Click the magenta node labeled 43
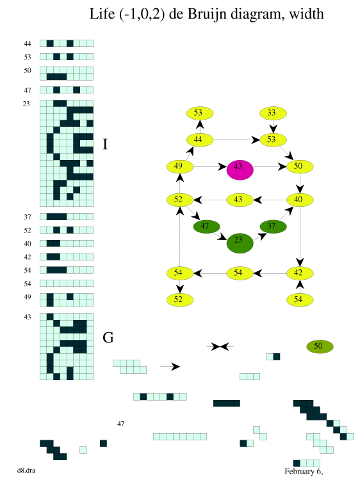tap(240, 170)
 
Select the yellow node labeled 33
tap(274, 113)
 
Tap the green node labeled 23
tap(240, 243)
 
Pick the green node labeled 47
tap(206, 227)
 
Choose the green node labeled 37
tap(274, 227)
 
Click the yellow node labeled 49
tap(180, 167)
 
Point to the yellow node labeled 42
tap(300, 273)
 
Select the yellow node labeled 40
tap(300, 200)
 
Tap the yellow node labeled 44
tap(200, 140)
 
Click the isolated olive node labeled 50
tap(320, 346)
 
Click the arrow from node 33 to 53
tap(274, 127)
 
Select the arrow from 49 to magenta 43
tap(210, 167)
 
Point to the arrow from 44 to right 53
tap(236, 140)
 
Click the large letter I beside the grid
tap(106, 144)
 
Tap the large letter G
tap(108, 337)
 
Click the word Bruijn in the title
tap(205, 14)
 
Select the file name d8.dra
tap(26, 470)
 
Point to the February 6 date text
tap(304, 472)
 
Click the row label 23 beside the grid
tap(26, 104)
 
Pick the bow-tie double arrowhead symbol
tap(220, 347)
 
